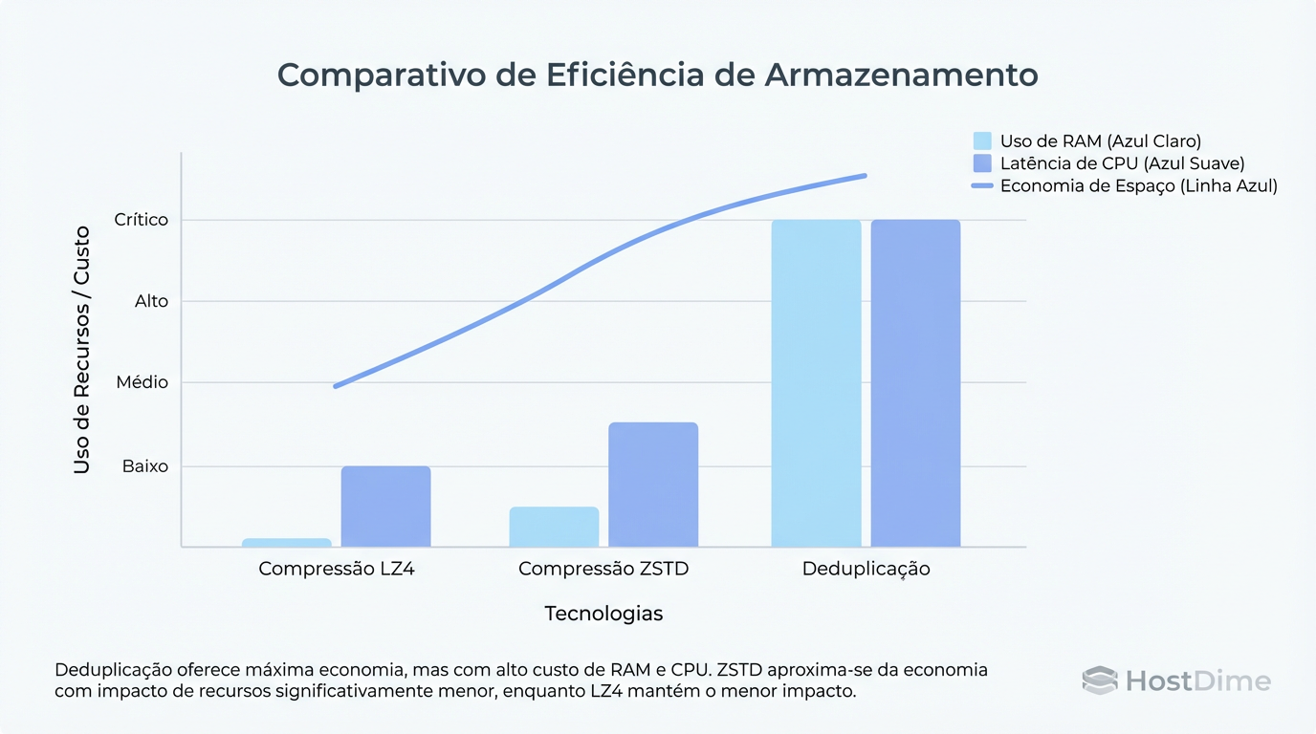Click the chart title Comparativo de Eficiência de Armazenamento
(x=657, y=76)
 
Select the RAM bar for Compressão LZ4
(x=287, y=543)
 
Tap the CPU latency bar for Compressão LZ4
(x=385, y=507)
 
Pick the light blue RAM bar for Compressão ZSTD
(x=554, y=527)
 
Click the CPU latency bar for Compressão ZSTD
(x=653, y=485)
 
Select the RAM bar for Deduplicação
(x=816, y=382)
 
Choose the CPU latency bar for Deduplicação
(x=915, y=382)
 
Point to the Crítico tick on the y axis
(x=141, y=220)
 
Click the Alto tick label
(x=151, y=301)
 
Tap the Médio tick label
(x=142, y=382)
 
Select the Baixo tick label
(x=145, y=466)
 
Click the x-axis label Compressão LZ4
(x=337, y=569)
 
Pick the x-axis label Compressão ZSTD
(x=603, y=569)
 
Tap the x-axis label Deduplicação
(x=866, y=569)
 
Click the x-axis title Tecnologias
(x=603, y=614)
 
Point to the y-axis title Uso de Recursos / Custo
(x=82, y=350)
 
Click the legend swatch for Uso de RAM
(x=982, y=140)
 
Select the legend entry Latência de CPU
(x=1122, y=163)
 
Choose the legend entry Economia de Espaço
(x=1138, y=185)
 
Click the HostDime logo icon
(x=1100, y=680)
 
